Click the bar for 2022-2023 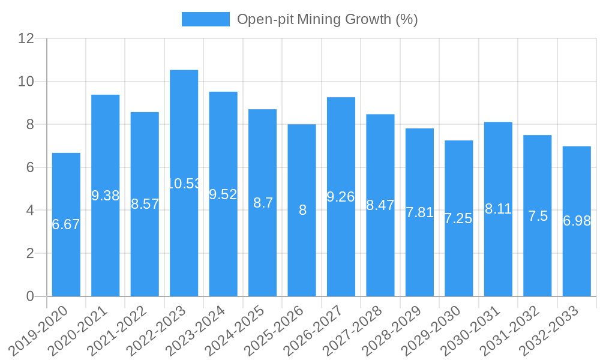[184, 183]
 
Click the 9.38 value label [106, 196]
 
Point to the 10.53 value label [184, 184]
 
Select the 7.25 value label [458, 218]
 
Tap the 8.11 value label [498, 209]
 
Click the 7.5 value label [538, 216]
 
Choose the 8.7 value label [263, 203]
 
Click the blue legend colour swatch [205, 19]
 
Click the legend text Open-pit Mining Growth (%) [327, 19]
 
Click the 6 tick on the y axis [30, 167]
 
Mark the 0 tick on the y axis [30, 296]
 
